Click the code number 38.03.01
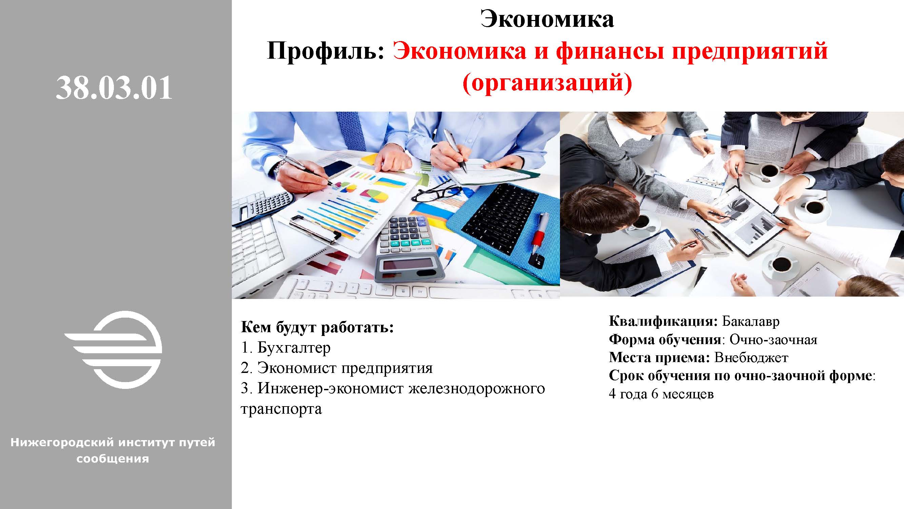pyautogui.click(x=114, y=88)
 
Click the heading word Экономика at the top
pyautogui.click(x=547, y=19)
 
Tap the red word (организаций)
pyautogui.click(x=547, y=83)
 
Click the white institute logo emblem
pyautogui.click(x=113, y=350)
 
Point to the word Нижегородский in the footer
pyautogui.click(x=62, y=442)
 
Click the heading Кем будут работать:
pyautogui.click(x=318, y=327)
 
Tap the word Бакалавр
pyautogui.click(x=751, y=321)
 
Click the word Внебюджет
pyautogui.click(x=751, y=358)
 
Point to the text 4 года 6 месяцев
pyautogui.click(x=661, y=394)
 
